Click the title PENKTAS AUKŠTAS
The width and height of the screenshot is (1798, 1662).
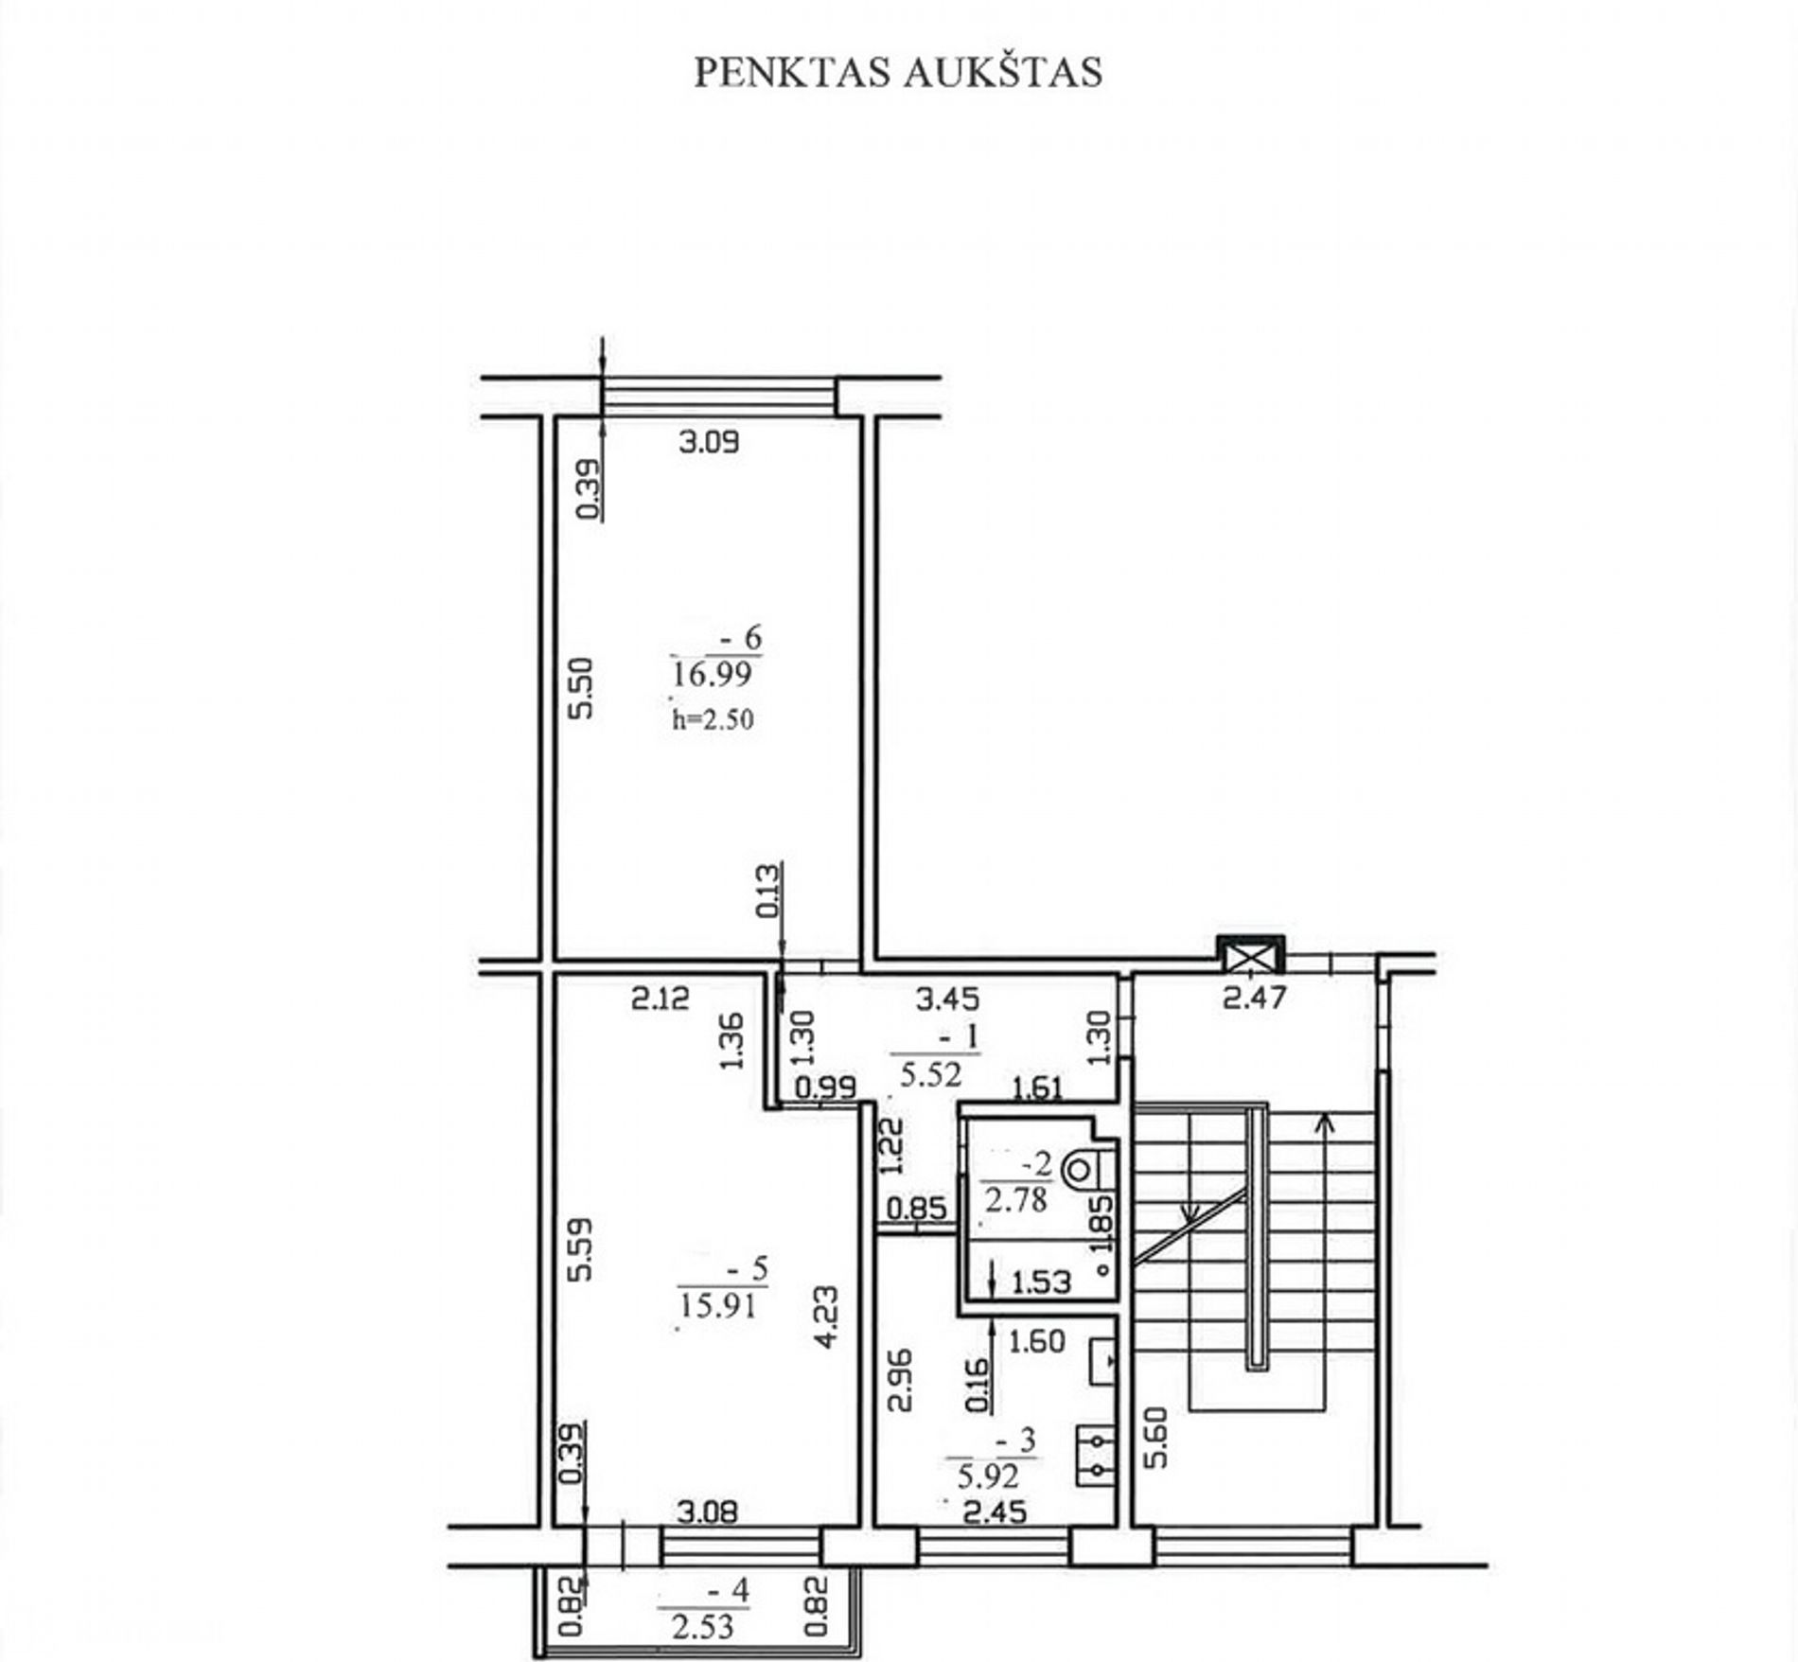click(898, 73)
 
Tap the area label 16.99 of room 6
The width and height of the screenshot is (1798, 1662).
click(712, 674)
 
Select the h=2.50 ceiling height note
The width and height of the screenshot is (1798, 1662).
click(713, 719)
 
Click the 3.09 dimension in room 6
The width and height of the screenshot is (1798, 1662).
click(709, 442)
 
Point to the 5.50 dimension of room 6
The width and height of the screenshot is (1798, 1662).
click(583, 688)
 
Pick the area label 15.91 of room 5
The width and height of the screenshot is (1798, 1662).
click(718, 1306)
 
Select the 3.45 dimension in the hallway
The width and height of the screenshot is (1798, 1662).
click(949, 998)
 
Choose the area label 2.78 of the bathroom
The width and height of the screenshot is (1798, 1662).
click(1015, 1200)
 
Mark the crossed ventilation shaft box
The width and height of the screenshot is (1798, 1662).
click(1249, 955)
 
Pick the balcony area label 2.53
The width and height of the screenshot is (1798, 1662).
click(702, 1627)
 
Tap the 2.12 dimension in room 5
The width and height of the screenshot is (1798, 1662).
click(661, 998)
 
